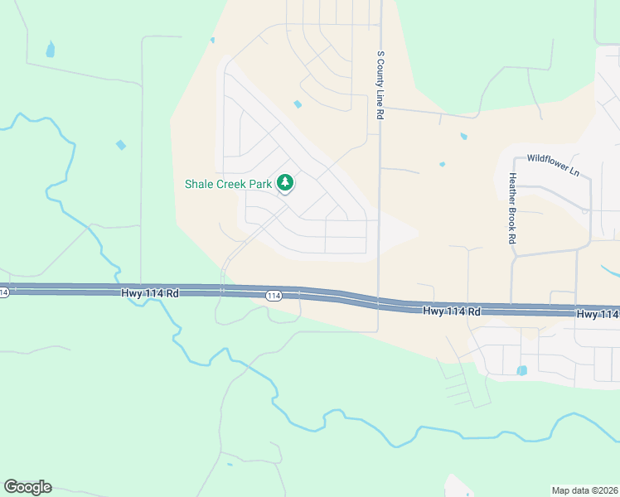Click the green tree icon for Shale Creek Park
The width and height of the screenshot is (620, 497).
click(x=285, y=182)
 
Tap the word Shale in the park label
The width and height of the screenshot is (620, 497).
click(x=200, y=183)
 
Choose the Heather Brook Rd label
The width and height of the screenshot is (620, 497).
click(x=513, y=207)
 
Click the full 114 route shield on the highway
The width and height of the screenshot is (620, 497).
click(x=274, y=295)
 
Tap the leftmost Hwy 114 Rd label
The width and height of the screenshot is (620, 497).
click(x=150, y=292)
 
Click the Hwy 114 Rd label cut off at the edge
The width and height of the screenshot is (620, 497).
click(x=598, y=314)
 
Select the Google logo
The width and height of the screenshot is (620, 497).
click(x=27, y=487)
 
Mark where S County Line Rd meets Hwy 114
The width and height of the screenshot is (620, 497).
click(x=379, y=302)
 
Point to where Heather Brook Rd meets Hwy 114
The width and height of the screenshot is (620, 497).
click(x=512, y=309)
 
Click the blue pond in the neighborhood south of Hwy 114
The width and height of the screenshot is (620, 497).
click(x=522, y=370)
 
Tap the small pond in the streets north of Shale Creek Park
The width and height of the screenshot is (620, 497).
click(x=298, y=104)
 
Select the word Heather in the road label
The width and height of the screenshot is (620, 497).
click(x=513, y=188)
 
